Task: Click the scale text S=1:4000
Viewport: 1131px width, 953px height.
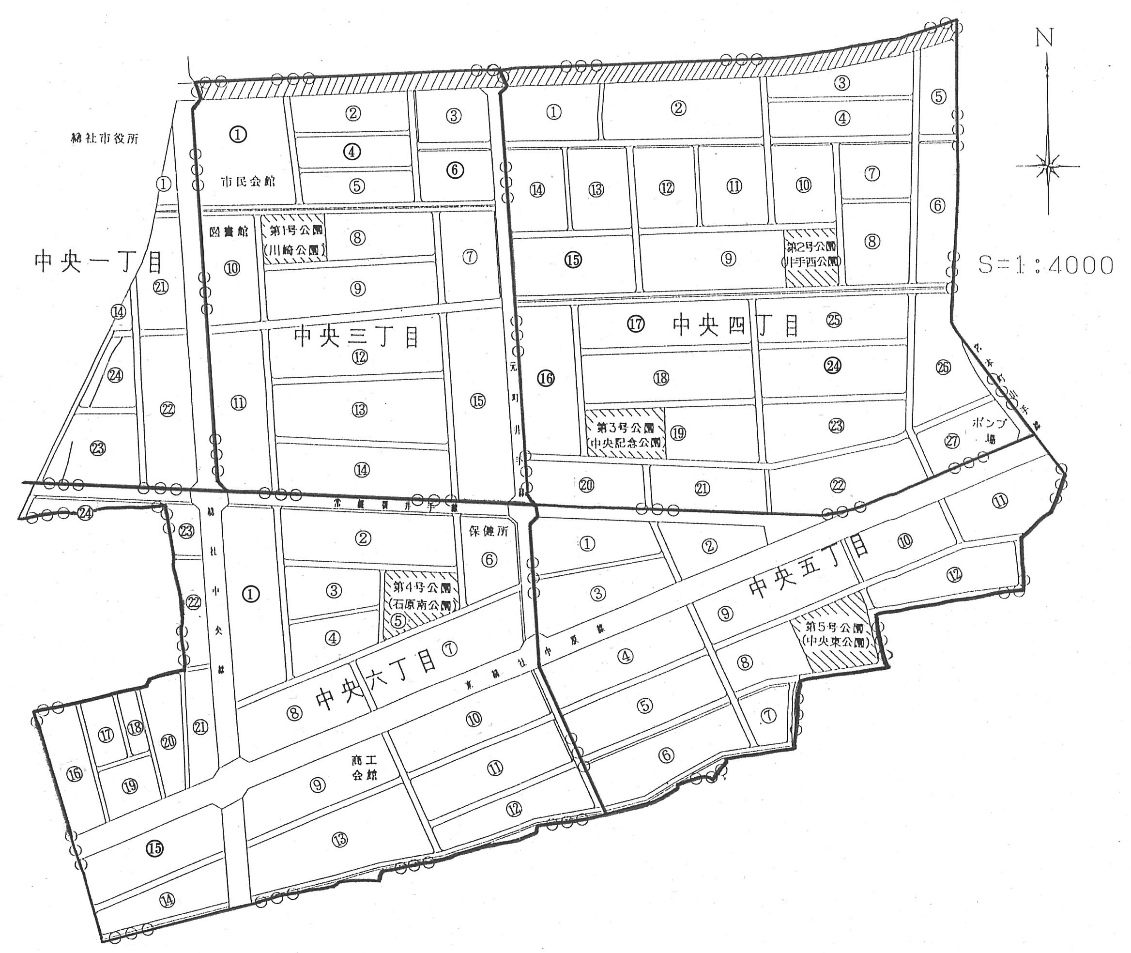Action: pos(1046,265)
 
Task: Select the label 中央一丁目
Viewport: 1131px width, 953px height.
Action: pos(97,262)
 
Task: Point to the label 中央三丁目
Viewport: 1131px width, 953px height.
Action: pos(356,338)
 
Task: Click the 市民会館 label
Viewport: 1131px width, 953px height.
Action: pos(248,182)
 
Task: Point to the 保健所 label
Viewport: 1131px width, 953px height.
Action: pos(489,532)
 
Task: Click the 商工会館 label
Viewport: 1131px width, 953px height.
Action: pos(364,767)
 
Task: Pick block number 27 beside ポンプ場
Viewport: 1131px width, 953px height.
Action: pos(952,440)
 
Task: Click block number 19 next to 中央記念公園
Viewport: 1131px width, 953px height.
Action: pos(678,433)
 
